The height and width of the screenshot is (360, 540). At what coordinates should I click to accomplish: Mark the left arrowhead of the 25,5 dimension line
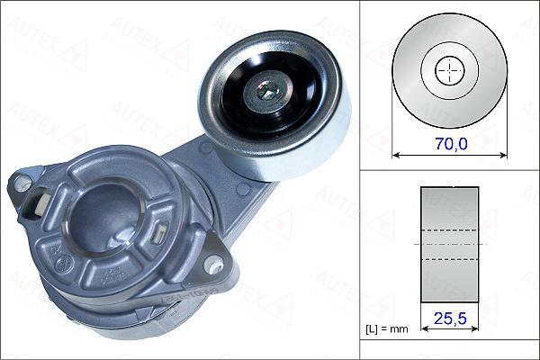424,329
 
